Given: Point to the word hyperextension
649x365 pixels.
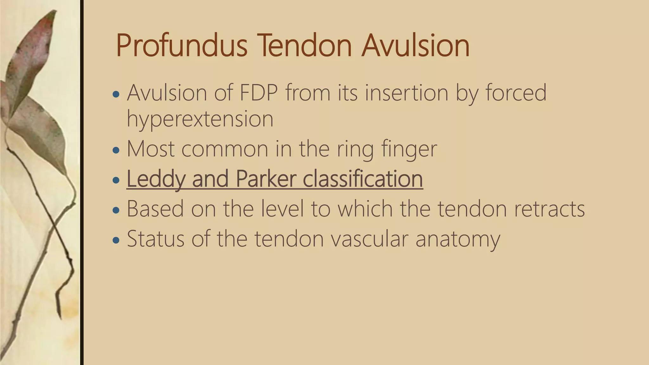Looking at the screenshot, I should coord(200,120).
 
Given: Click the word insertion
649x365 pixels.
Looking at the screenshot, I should coord(406,93).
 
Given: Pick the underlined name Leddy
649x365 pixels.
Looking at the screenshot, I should coord(155,179).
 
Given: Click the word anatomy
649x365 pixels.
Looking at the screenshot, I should coord(458,239).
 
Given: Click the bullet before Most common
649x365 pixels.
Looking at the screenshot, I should coord(116,150).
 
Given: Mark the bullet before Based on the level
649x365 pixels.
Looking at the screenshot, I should coord(116,210).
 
